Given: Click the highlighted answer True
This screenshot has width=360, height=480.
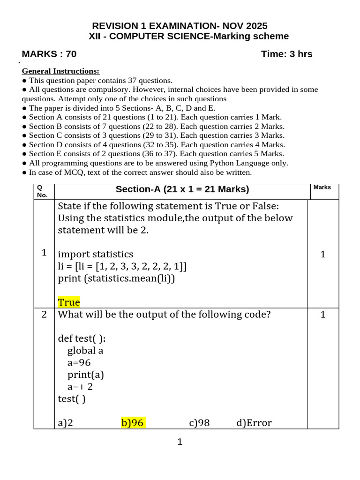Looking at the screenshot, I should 69,302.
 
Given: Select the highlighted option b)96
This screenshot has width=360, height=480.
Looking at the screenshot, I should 133,423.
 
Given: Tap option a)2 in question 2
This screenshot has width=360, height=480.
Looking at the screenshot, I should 66,423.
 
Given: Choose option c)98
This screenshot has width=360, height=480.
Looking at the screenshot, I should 199,423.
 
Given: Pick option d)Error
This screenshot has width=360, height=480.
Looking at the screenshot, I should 254,423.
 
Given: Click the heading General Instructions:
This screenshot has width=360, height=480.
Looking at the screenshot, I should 61,71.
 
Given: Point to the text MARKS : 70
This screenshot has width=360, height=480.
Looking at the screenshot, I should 49,54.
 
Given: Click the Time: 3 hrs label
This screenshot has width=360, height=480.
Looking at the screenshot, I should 286,54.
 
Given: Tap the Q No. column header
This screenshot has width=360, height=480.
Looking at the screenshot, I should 43,191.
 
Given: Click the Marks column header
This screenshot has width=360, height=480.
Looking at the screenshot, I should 322,187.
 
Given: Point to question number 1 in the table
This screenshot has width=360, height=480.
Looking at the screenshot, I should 44,253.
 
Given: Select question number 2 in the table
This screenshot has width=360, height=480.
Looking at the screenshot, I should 44,315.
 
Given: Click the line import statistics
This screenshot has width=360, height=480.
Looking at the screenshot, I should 96,254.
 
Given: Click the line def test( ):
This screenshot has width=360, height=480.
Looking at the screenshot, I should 82,338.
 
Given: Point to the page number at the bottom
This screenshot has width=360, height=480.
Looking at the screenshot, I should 180,442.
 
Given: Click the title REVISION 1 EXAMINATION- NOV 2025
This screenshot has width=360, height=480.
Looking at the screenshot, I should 180,26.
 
